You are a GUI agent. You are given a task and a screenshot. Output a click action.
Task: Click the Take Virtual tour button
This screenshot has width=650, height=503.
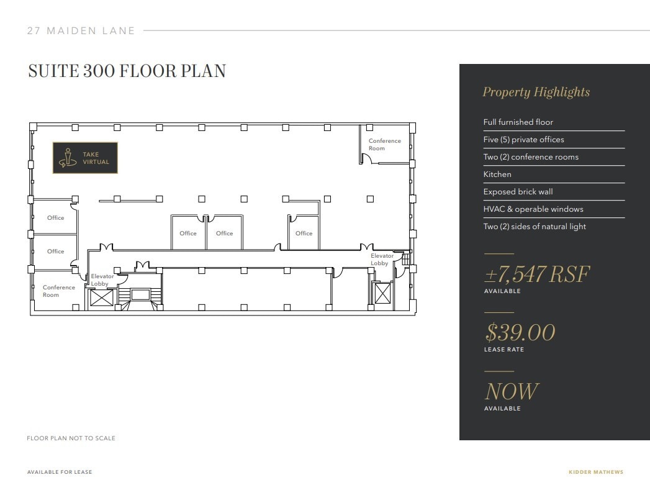coord(85,158)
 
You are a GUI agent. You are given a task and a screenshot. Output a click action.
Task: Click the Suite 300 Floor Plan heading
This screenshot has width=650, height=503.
coord(127,71)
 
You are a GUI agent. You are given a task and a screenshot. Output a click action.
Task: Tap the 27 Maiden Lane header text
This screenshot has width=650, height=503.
coord(81,30)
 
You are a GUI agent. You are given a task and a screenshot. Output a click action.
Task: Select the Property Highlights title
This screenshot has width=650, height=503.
coord(536,93)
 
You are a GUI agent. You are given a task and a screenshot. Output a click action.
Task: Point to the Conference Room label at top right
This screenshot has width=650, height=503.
coord(385,145)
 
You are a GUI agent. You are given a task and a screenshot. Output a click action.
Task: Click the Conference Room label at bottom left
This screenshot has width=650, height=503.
coord(59,291)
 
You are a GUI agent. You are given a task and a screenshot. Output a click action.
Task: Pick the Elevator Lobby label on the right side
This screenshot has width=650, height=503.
coord(382,260)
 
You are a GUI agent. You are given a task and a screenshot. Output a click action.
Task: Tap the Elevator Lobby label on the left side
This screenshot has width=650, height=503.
coord(102,280)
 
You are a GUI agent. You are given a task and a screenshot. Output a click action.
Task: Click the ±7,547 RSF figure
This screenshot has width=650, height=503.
coord(536,274)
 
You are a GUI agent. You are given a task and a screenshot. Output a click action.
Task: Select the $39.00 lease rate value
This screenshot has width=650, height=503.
coord(520,333)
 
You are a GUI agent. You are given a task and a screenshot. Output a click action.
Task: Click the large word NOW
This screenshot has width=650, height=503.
coord(511,392)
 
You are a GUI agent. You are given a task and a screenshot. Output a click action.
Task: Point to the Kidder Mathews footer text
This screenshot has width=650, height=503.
coord(595,472)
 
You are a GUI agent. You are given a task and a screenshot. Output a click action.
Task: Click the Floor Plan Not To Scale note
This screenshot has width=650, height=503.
coord(71,438)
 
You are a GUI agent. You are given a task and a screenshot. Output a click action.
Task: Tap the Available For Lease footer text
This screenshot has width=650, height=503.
coord(60,472)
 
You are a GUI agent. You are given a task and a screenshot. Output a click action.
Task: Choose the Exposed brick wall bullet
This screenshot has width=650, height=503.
coord(518,192)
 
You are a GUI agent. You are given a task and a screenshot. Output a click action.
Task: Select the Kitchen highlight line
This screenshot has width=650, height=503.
coord(497,174)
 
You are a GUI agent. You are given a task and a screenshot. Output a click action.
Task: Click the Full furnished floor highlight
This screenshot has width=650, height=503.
coord(518,122)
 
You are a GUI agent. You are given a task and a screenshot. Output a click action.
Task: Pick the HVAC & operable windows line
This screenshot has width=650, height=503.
coord(533,209)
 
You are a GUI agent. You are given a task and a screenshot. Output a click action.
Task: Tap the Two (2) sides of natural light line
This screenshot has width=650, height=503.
coord(535,227)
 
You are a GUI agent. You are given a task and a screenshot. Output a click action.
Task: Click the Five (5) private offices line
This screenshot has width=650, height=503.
coord(523,140)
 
